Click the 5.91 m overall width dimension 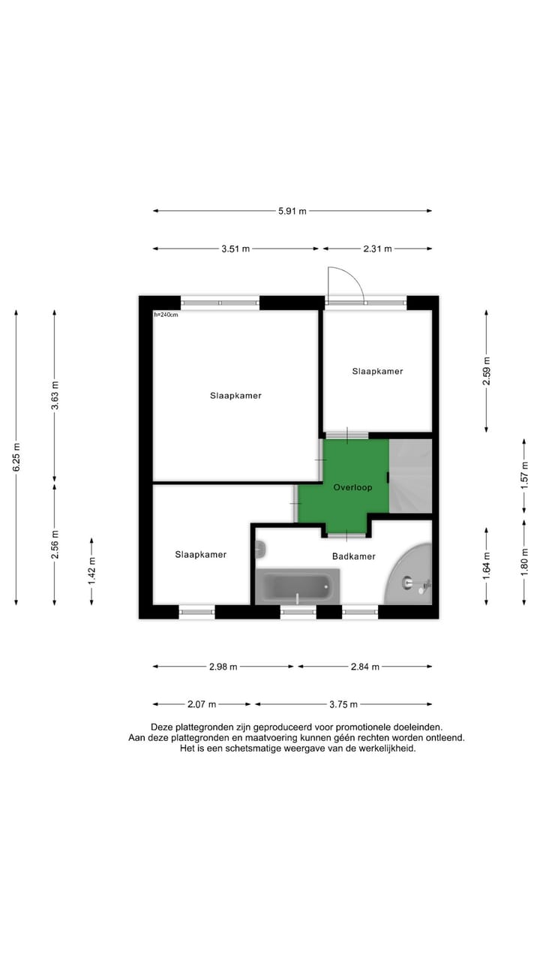(292, 212)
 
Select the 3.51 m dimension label (235, 249)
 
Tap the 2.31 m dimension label (378, 249)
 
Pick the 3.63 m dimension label (54, 395)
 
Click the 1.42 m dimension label (92, 571)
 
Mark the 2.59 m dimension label (486, 370)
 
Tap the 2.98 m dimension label (223, 666)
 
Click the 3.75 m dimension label (343, 704)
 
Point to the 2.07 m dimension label (202, 704)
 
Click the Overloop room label (352, 487)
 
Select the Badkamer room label (353, 556)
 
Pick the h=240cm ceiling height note (166, 315)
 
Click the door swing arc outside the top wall (347, 283)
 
